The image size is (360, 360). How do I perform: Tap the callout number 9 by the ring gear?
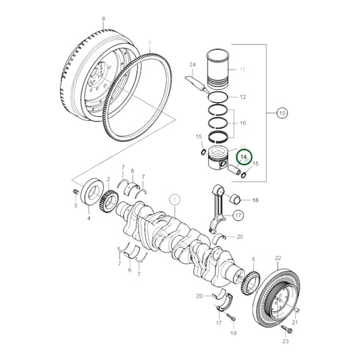149,42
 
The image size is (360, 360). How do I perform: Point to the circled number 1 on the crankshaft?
174,199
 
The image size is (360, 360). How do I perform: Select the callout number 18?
255,201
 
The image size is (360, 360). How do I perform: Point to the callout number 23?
284,341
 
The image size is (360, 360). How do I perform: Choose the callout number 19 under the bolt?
232,332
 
